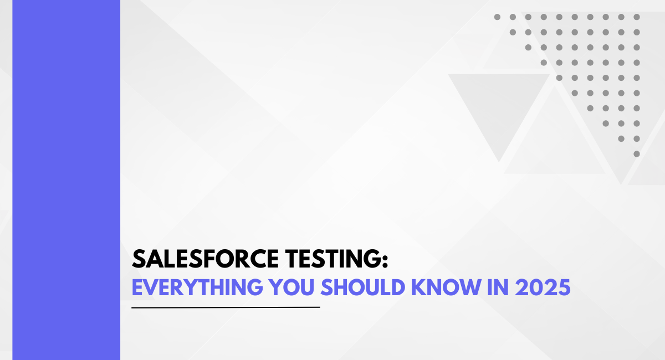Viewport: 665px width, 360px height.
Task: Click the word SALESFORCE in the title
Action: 205,259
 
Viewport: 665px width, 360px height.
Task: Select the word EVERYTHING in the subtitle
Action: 197,287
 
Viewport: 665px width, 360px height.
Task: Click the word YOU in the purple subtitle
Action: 291,287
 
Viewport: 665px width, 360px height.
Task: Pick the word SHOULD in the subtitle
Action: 363,287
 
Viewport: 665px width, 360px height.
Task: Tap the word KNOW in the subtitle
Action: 446,287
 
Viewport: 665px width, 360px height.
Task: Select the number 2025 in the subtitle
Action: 543,287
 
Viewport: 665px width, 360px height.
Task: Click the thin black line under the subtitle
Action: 226,307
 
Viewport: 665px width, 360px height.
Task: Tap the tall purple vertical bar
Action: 66,180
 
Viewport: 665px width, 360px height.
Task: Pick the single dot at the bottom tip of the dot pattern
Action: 637,154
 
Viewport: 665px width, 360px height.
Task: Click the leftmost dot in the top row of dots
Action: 497,17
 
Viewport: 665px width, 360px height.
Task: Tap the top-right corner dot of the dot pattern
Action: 637,17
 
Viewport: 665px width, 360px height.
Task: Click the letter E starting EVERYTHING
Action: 137,287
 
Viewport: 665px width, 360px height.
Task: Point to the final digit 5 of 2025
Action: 564,287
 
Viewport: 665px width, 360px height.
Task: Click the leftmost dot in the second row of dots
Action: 513,32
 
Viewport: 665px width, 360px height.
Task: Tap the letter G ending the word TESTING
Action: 371,259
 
